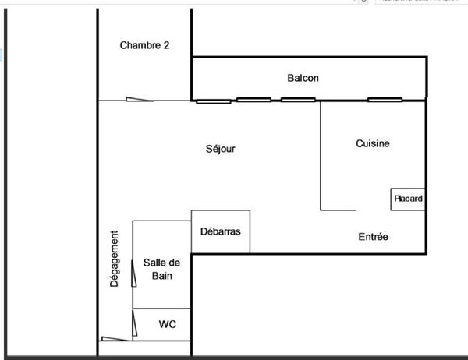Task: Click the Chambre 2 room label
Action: click(x=144, y=45)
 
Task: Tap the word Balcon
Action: click(x=303, y=78)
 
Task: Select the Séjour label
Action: click(x=221, y=149)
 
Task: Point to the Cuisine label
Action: click(x=372, y=143)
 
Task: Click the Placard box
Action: click(x=408, y=199)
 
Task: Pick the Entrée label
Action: click(x=373, y=237)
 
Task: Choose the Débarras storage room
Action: click(x=221, y=231)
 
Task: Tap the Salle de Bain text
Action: click(x=162, y=269)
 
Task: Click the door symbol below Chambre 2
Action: click(x=139, y=99)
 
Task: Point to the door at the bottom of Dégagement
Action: click(x=115, y=338)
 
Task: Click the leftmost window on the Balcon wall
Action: click(x=213, y=101)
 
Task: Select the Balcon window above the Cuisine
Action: click(x=385, y=100)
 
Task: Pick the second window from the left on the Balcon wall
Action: click(x=253, y=100)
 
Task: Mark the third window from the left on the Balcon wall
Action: click(x=298, y=100)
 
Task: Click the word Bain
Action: click(x=162, y=276)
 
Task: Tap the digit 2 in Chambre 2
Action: click(x=166, y=45)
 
